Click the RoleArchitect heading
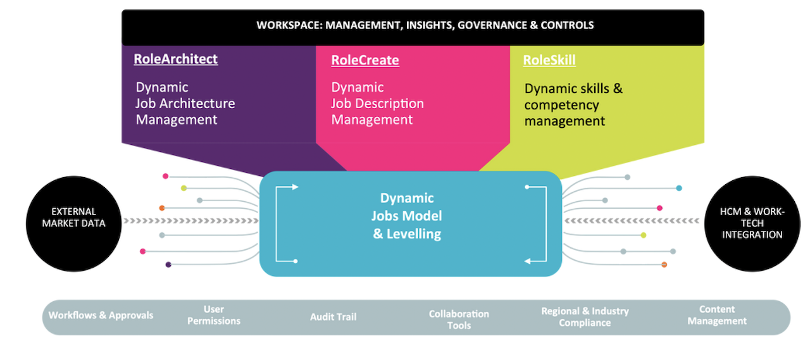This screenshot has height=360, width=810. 176,59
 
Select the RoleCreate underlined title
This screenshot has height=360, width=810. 365,60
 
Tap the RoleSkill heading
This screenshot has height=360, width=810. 549,60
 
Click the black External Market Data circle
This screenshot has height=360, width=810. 74,224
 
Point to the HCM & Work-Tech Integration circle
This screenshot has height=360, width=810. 752,224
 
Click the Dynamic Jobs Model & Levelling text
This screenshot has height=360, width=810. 407,216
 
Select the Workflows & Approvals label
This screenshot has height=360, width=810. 101,315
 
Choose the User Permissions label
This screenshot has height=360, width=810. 214,315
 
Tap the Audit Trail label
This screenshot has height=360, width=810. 333,317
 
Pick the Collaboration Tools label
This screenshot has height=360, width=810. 459,320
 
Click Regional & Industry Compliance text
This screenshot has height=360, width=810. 585,316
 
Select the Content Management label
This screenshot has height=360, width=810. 717,315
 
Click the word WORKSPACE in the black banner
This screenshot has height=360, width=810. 289,25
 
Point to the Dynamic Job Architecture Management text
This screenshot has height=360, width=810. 185,103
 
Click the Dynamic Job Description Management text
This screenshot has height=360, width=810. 378,103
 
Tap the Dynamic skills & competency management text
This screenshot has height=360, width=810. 573,105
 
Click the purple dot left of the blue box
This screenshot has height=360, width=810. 168,264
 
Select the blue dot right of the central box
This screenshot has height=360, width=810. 679,188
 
